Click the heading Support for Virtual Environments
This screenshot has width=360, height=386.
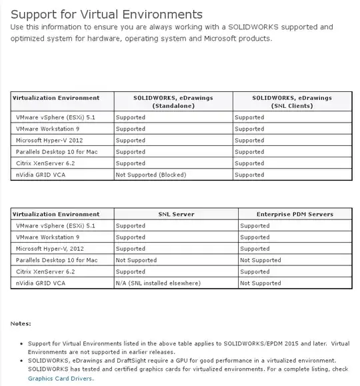(107, 13)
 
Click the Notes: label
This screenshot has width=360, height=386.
(21, 323)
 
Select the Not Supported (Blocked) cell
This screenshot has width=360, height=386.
(151, 175)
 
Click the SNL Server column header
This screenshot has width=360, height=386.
(176, 214)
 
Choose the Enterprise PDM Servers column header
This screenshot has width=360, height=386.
(294, 214)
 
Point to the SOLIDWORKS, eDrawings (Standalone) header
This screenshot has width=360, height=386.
(173, 101)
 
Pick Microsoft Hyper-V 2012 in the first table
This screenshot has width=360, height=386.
(49, 140)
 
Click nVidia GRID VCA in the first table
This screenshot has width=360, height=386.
(40, 175)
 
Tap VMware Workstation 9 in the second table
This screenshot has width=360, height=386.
(47, 237)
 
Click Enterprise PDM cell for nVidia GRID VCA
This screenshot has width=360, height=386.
(261, 283)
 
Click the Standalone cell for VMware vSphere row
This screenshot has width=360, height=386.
(130, 117)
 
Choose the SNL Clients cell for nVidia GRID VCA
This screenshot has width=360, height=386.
(249, 175)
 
